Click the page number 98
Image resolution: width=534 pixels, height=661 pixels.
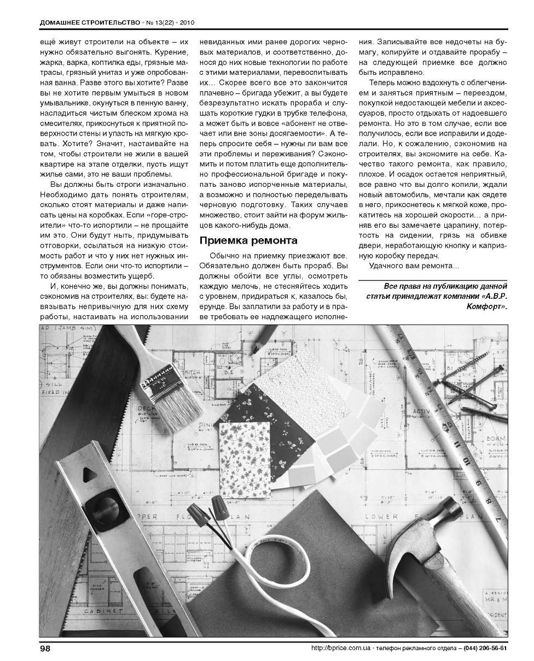point(45,648)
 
